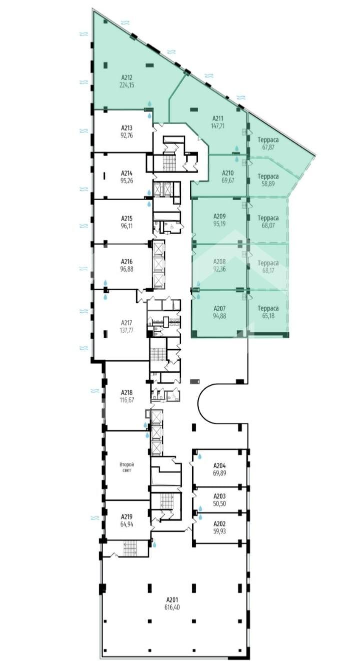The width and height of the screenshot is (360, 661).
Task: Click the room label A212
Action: tap(126, 78)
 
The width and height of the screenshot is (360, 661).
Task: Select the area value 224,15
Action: tap(126, 85)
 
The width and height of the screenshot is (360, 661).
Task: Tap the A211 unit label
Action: tap(218, 119)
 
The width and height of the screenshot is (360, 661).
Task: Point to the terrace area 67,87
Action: tap(268, 147)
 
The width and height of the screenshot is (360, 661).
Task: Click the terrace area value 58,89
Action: tap(268, 184)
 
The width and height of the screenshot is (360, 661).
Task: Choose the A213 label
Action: tap(126, 128)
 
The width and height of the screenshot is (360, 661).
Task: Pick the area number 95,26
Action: tap(126, 181)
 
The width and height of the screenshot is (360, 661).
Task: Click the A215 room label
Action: tap(126, 219)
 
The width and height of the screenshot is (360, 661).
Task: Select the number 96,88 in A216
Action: tap(126, 269)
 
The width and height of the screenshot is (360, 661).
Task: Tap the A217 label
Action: tap(127, 323)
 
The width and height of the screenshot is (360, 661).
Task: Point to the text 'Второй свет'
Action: tap(127, 467)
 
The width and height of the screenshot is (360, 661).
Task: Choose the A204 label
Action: tap(220, 466)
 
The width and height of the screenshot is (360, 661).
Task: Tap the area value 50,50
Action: tap(220, 504)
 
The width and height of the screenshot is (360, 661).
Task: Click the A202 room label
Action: tap(220, 524)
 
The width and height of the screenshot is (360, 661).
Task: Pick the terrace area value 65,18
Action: tap(268, 316)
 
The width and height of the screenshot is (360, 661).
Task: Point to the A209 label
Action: tap(219, 216)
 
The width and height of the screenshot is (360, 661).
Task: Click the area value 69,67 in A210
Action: tap(228, 180)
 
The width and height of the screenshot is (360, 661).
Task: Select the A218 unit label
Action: tap(126, 393)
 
